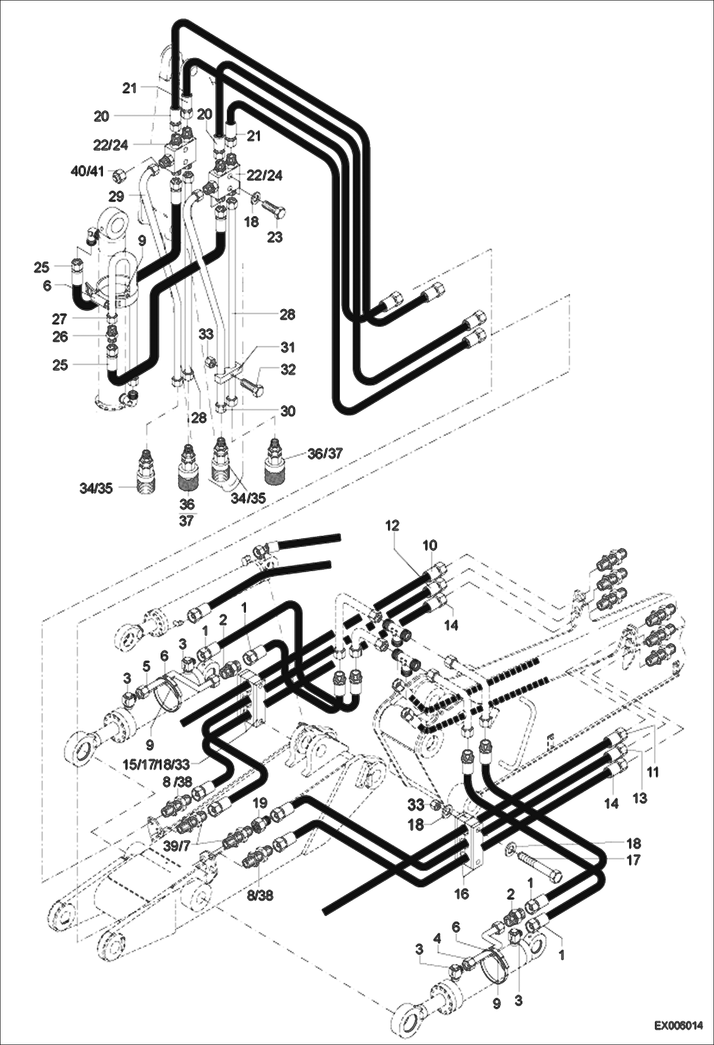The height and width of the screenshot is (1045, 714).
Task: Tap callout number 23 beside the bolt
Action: click(x=275, y=237)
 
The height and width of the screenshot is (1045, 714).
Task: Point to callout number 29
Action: click(x=116, y=196)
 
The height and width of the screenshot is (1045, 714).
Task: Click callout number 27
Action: click(x=59, y=318)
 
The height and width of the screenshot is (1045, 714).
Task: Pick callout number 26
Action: click(x=60, y=337)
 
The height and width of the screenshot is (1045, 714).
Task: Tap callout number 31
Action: click(x=288, y=348)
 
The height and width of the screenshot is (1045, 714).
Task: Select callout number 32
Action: click(x=288, y=370)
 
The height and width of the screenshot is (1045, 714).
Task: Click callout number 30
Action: click(x=288, y=411)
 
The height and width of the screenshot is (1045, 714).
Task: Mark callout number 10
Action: click(x=429, y=544)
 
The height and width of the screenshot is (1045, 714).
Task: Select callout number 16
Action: click(x=462, y=894)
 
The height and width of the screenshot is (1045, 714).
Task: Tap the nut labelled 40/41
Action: click(x=118, y=176)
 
